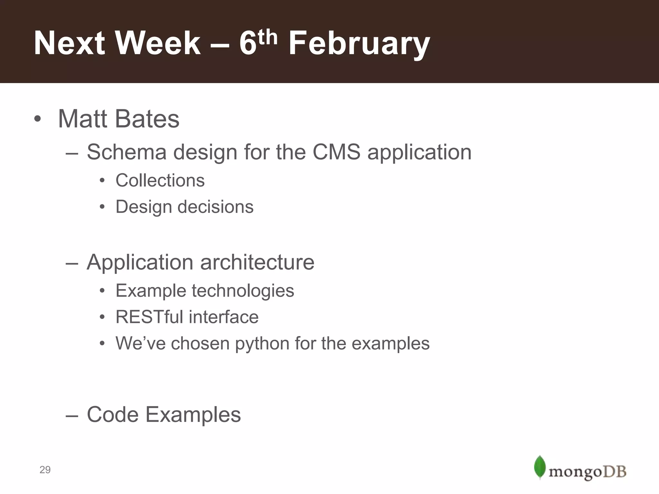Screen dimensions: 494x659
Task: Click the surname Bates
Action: point(147,119)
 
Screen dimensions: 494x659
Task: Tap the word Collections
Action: point(160,180)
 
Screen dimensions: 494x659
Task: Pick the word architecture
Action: point(257,262)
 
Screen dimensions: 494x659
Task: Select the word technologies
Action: point(243,291)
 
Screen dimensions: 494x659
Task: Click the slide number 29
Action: point(45,470)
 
